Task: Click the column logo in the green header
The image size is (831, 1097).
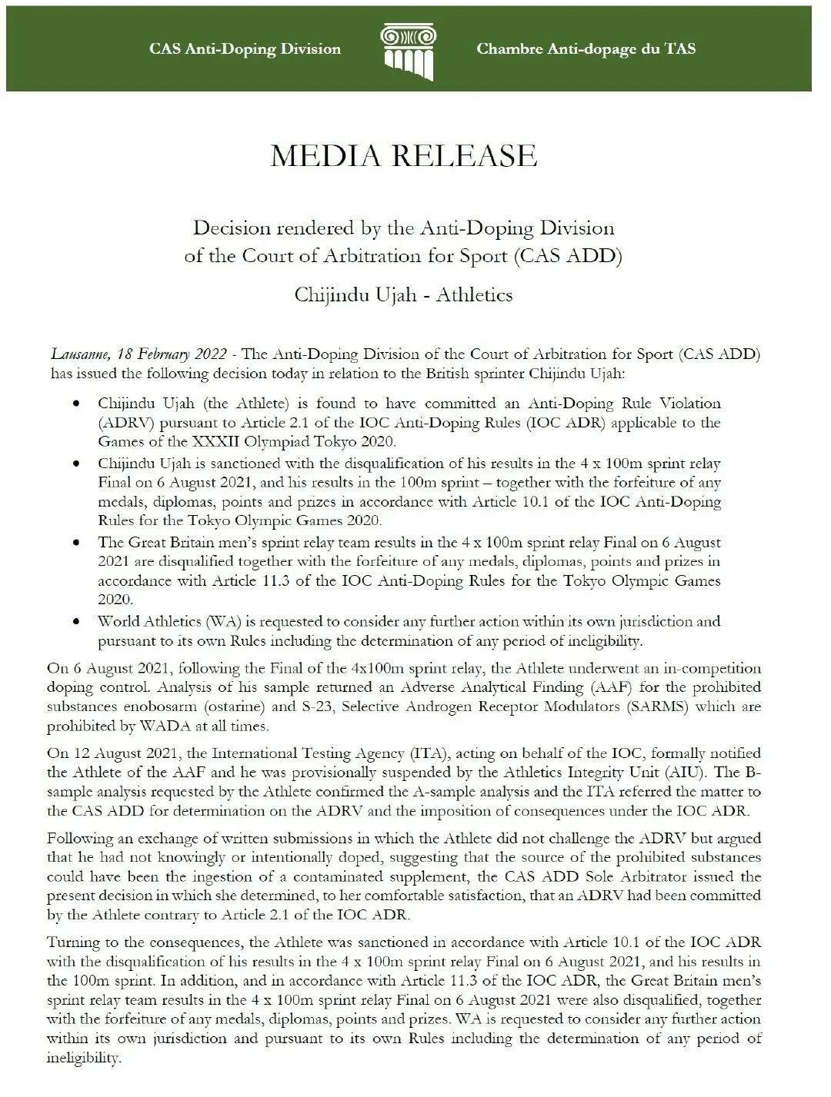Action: click(408, 51)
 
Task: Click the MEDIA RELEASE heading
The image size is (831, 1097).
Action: click(403, 156)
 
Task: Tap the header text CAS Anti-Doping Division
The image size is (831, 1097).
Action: click(245, 49)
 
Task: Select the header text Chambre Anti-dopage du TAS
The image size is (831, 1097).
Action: click(586, 49)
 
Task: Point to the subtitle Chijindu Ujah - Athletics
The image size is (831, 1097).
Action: click(403, 295)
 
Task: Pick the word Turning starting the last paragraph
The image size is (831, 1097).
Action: click(73, 942)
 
